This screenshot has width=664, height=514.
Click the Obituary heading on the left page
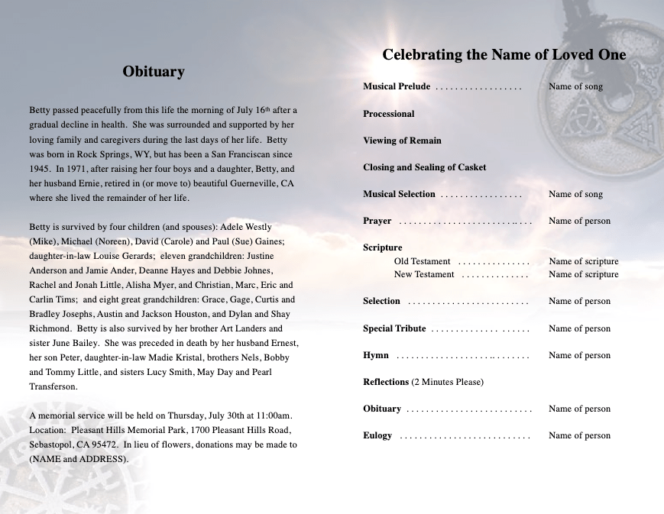click(x=154, y=72)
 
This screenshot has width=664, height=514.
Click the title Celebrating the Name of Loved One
click(x=504, y=54)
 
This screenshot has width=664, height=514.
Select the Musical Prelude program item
click(x=397, y=86)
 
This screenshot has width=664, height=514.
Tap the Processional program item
click(x=389, y=114)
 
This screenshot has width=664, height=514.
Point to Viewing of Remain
click(x=402, y=141)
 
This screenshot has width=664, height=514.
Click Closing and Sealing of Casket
click(x=424, y=167)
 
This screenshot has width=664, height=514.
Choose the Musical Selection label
click(x=399, y=194)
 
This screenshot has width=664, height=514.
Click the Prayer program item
click(x=377, y=221)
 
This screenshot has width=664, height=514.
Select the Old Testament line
click(x=422, y=261)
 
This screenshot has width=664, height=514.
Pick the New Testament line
click(x=424, y=274)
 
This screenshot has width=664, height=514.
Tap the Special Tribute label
click(x=394, y=328)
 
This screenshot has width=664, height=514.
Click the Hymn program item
click(x=376, y=355)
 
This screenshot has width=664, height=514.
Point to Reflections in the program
click(x=387, y=382)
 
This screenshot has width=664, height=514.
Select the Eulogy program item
click(x=377, y=435)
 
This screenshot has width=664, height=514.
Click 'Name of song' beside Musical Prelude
click(x=575, y=86)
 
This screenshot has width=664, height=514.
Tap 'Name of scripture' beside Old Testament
click(x=584, y=261)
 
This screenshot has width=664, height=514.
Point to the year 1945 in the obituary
click(x=40, y=169)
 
